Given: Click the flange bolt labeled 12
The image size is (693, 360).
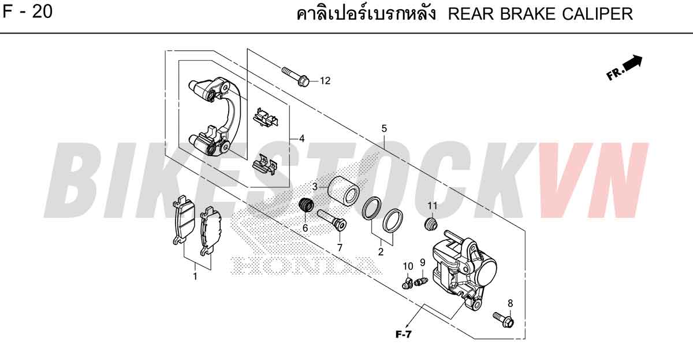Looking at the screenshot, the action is coord(296,76).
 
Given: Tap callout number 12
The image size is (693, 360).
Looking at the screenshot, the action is coord(325,81).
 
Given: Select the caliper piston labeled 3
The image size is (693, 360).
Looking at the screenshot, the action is coord(343,191).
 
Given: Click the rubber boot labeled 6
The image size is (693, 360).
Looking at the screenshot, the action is coord(306,205).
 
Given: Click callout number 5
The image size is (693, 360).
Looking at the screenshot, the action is coord(384,128).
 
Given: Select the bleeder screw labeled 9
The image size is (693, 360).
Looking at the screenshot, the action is coord(421,281).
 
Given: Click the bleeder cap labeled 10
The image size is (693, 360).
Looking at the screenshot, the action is coord(408,283).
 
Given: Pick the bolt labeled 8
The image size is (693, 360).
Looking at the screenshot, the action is coord(504,320).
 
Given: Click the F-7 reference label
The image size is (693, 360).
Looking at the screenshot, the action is coord(404,335).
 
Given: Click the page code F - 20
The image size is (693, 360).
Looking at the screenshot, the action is coord(28,12).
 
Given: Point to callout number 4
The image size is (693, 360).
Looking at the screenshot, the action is coord(301,138).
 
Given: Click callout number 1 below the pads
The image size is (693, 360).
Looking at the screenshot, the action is coord(195,276).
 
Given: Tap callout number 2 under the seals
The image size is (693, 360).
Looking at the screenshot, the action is coord(381,252).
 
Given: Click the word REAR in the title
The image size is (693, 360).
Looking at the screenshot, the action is coord(471,14).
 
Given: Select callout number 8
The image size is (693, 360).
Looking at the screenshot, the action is coord(510,303).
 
